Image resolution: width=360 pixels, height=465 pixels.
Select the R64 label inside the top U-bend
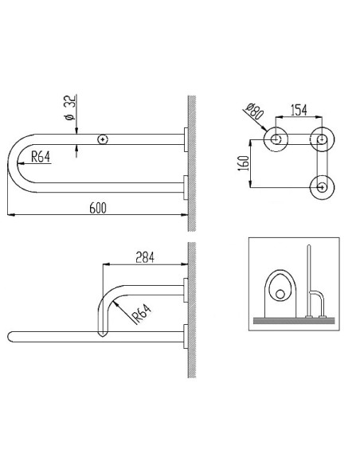41,158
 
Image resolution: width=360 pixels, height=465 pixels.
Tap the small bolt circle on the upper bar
102,139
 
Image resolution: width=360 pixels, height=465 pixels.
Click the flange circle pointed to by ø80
276,139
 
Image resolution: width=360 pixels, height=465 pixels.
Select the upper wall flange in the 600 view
184,139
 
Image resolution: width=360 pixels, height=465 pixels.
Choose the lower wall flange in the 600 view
184,189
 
